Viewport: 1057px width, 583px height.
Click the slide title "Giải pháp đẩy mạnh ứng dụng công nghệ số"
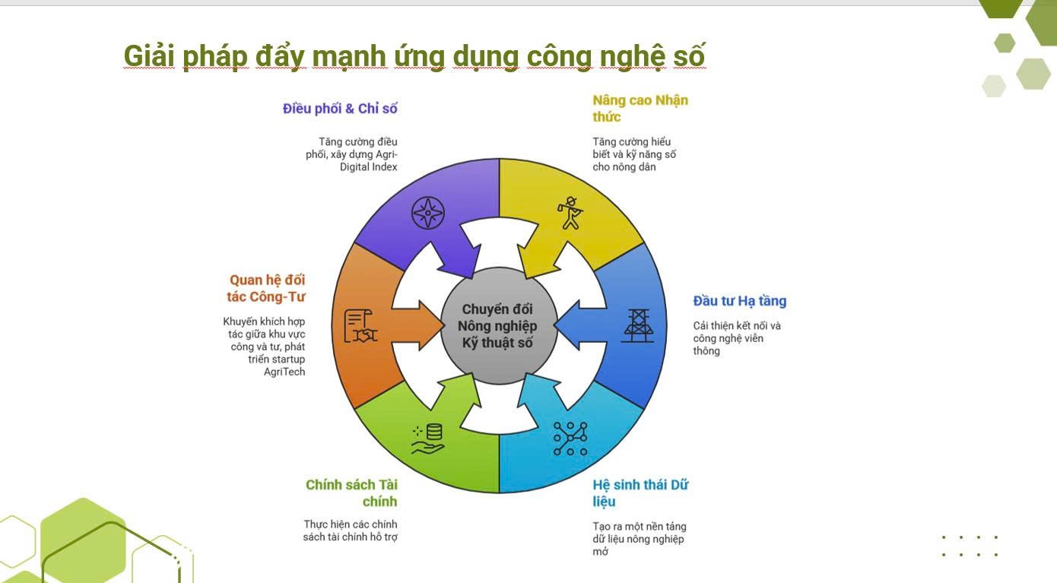point(414,57)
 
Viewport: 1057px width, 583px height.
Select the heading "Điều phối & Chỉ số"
point(340,109)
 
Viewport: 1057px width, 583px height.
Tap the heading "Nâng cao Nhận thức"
point(640,108)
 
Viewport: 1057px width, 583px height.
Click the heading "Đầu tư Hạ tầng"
point(739,301)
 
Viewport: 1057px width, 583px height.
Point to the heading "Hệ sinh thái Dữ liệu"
point(640,493)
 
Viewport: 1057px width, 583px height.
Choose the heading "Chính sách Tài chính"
point(351,493)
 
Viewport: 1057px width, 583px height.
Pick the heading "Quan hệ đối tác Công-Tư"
point(266,288)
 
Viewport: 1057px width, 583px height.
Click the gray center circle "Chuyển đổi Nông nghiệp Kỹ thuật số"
point(499,326)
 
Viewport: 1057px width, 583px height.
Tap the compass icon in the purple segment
point(428,213)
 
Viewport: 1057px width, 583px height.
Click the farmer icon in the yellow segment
point(570,213)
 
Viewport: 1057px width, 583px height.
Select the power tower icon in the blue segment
point(637,325)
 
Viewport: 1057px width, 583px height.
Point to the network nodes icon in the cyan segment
point(570,439)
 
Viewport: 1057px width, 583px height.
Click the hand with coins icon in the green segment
point(428,439)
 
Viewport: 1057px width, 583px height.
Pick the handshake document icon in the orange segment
point(360,326)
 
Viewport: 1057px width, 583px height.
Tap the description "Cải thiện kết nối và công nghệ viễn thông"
point(736,338)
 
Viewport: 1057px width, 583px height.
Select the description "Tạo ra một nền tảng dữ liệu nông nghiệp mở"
point(639,539)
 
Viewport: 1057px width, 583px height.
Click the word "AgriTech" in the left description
point(284,372)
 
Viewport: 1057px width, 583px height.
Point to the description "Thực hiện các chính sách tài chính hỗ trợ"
point(351,531)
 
